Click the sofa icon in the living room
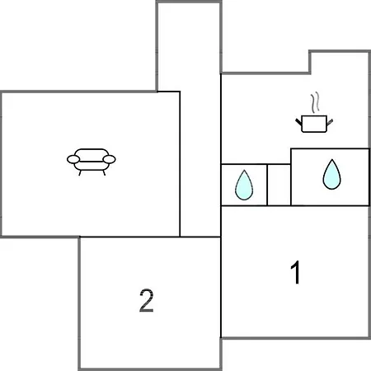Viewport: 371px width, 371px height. coord(92,162)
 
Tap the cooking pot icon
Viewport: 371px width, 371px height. coord(314,124)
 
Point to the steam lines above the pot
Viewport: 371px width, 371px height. coord(316,102)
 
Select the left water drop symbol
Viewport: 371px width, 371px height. coord(244,185)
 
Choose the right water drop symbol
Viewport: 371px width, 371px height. coord(331,175)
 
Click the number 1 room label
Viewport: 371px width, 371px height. coord(296,272)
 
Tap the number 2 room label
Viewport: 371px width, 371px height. coord(146,300)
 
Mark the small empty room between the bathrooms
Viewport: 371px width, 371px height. coord(279,185)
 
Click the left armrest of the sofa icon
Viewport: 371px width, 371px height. coord(73,159)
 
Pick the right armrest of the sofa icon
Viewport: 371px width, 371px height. coord(109,159)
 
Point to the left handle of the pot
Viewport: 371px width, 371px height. coord(298,123)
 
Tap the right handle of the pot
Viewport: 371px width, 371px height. coord(330,122)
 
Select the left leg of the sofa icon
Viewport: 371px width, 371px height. coord(80,173)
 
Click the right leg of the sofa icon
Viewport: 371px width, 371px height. coord(104,173)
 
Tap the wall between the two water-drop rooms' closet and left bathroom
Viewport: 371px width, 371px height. coord(267,185)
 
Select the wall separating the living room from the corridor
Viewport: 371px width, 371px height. coord(180,164)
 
